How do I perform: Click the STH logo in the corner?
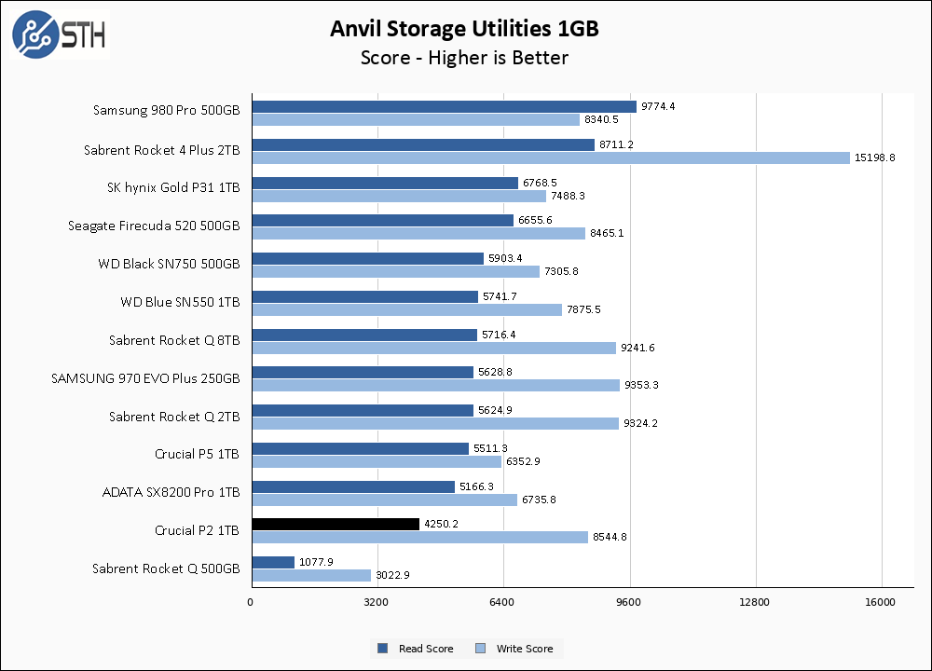(x=60, y=34)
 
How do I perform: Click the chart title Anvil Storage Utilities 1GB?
(x=464, y=29)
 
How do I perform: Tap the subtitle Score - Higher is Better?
(x=464, y=58)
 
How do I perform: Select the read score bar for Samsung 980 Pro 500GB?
(x=444, y=106)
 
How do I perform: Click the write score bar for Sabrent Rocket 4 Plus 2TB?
(x=550, y=157)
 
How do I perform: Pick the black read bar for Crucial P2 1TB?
(x=336, y=524)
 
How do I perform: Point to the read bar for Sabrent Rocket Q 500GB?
(x=273, y=562)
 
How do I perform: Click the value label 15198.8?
(x=875, y=157)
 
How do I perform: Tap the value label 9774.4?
(x=658, y=106)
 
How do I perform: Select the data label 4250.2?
(x=442, y=524)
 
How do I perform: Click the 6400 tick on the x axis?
(x=502, y=603)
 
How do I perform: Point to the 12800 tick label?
(x=754, y=603)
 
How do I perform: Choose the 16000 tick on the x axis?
(x=880, y=603)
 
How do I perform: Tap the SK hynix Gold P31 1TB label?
(x=173, y=186)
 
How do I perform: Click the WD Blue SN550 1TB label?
(x=180, y=302)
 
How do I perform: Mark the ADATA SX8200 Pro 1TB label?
(x=171, y=491)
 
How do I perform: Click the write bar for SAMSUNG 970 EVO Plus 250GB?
(x=435, y=385)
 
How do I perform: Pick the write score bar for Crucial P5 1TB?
(x=377, y=461)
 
